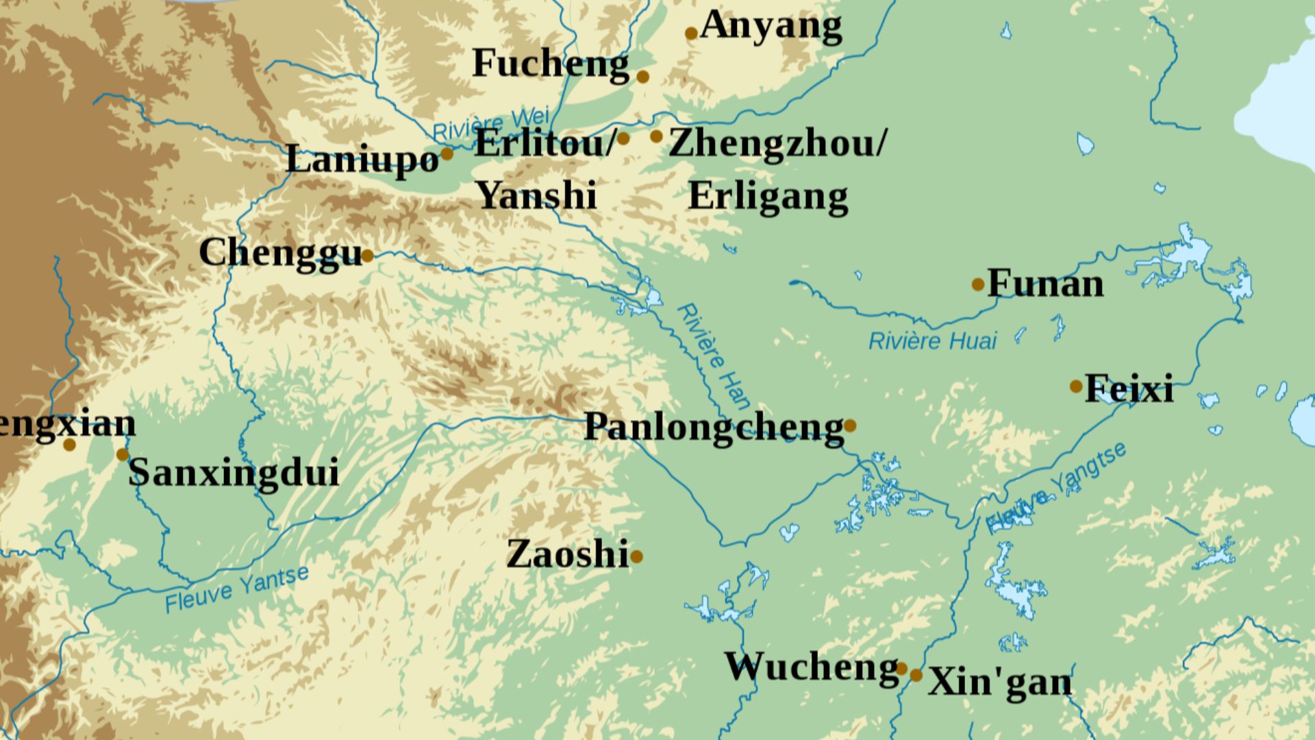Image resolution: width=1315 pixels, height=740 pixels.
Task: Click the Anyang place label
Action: click(x=771, y=27)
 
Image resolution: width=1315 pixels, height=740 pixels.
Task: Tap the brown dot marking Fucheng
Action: click(x=642, y=77)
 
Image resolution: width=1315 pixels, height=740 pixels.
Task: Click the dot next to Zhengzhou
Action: click(x=656, y=136)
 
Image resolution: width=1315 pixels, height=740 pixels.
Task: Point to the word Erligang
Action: click(x=768, y=197)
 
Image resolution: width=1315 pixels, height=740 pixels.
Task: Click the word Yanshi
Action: click(x=536, y=195)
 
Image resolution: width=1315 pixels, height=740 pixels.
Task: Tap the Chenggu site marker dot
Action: click(x=368, y=256)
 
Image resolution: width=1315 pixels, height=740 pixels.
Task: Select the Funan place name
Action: click(x=1045, y=284)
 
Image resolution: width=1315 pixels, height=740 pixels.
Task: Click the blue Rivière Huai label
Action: click(x=932, y=341)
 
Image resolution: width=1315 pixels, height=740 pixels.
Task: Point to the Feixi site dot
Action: click(x=1076, y=386)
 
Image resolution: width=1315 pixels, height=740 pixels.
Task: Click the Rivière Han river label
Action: click(x=713, y=357)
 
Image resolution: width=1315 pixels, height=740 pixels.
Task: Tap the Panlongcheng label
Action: click(x=714, y=428)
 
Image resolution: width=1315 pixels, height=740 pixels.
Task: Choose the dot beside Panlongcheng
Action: click(x=850, y=425)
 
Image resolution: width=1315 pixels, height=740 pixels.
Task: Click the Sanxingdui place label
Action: click(x=234, y=473)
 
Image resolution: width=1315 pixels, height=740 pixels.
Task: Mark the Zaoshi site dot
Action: click(x=636, y=556)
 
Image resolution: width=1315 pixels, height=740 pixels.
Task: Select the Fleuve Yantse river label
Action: click(x=237, y=590)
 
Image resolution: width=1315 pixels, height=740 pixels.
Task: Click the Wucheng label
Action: click(x=812, y=667)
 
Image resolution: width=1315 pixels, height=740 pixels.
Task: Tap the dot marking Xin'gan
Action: click(x=916, y=676)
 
